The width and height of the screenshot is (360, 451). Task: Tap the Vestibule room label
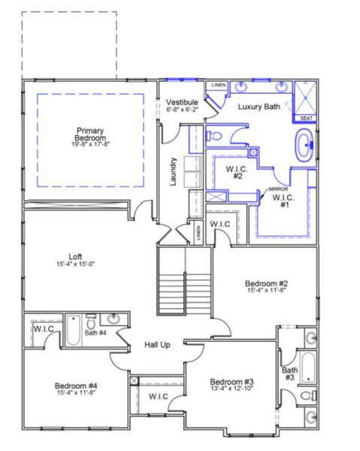pos(182,101)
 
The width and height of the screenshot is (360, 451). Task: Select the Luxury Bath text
pos(259,107)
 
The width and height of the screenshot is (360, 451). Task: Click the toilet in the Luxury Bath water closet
pos(213,136)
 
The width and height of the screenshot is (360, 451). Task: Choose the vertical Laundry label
pos(173,171)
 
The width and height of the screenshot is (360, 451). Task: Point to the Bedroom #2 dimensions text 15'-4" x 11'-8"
pos(263,292)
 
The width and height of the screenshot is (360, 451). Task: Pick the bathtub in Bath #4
pos(74,329)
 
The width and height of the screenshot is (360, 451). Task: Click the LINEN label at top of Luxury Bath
pos(217,85)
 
